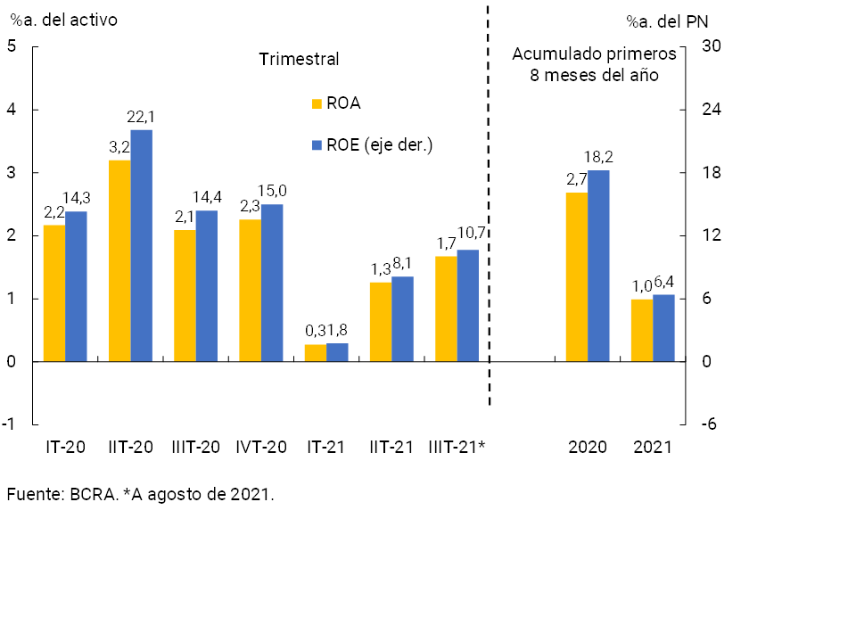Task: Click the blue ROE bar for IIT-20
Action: pos(142,245)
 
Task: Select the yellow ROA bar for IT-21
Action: pos(316,353)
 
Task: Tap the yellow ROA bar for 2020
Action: pos(577,276)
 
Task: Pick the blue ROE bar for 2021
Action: pos(663,328)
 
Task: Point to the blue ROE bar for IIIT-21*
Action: pos(467,305)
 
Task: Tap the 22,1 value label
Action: pos(142,117)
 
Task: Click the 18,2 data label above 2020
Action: pos(598,157)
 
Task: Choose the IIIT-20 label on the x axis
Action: pos(195,447)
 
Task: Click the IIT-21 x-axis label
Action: pos(391,447)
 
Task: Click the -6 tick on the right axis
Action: pos(709,424)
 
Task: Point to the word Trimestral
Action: pos(300,60)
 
